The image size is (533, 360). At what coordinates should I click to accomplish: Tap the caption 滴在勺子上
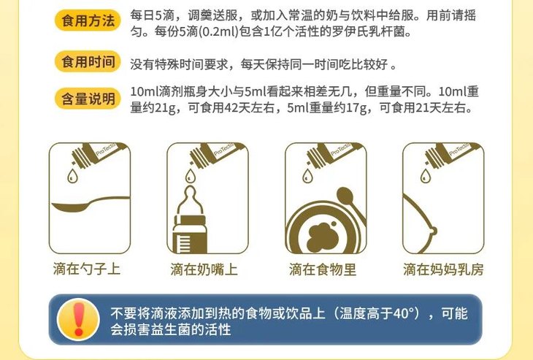pyautogui.click(x=88, y=269)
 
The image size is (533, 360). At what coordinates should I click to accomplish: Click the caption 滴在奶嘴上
pyautogui.click(x=204, y=269)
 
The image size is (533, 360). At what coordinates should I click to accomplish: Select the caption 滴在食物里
pyautogui.click(x=323, y=269)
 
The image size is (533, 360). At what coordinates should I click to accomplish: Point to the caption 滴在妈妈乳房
pyautogui.click(x=443, y=269)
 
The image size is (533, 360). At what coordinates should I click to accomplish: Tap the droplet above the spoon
pyautogui.click(x=72, y=177)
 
